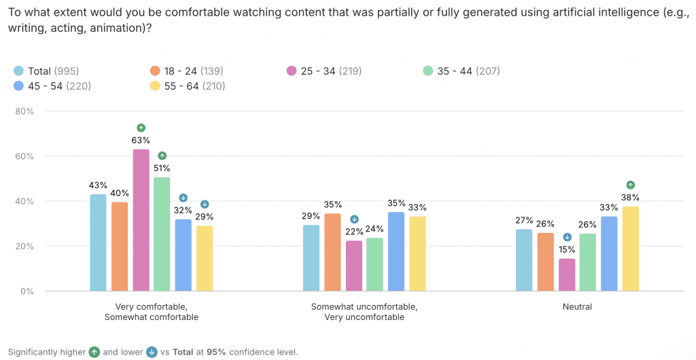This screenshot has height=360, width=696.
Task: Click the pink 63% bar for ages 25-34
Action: point(141,220)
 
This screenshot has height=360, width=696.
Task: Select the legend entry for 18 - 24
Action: point(187,71)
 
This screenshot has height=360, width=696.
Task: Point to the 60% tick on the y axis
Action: point(25,156)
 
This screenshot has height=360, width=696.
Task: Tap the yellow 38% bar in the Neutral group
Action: point(631,249)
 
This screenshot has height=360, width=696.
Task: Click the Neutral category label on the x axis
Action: point(577,307)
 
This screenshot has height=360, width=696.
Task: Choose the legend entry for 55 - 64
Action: point(187,86)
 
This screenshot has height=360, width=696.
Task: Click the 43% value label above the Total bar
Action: point(98,185)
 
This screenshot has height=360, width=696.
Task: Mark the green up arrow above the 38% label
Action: point(631,185)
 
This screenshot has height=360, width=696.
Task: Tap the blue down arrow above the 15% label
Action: point(567,237)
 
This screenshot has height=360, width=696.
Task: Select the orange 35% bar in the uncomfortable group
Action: point(333,252)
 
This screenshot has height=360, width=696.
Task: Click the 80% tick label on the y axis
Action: point(25,111)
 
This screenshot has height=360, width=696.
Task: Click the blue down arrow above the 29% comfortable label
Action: point(205,204)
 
